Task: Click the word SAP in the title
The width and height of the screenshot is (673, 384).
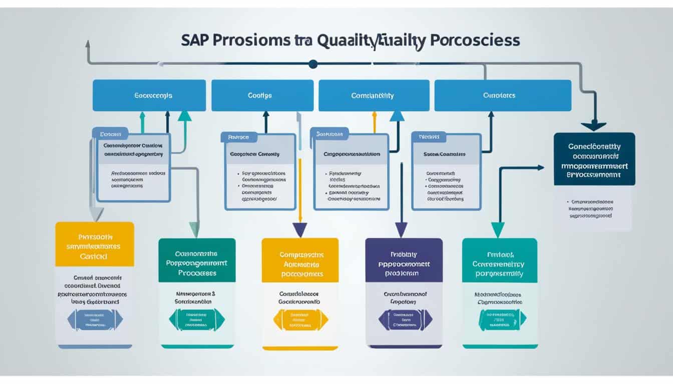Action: click(197, 40)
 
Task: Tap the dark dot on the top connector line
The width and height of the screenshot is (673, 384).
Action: click(313, 63)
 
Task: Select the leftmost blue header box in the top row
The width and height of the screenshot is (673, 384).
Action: click(149, 95)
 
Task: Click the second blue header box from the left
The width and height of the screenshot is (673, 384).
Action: click(262, 95)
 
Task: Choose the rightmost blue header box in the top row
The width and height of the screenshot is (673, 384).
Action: click(503, 95)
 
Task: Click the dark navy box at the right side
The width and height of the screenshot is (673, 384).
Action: click(594, 158)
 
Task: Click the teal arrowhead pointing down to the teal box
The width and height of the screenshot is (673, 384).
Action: click(497, 230)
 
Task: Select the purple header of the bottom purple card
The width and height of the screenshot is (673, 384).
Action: click(404, 260)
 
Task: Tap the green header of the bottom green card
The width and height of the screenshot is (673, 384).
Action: click(197, 260)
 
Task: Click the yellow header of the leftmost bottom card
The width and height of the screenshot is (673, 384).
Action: click(95, 244)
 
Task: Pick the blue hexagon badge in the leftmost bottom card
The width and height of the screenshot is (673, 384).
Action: click(95, 319)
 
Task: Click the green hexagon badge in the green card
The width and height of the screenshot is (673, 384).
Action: click(197, 319)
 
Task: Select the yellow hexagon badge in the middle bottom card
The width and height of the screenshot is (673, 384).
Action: click(300, 319)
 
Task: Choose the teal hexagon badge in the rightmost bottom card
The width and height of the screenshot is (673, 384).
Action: click(502, 319)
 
